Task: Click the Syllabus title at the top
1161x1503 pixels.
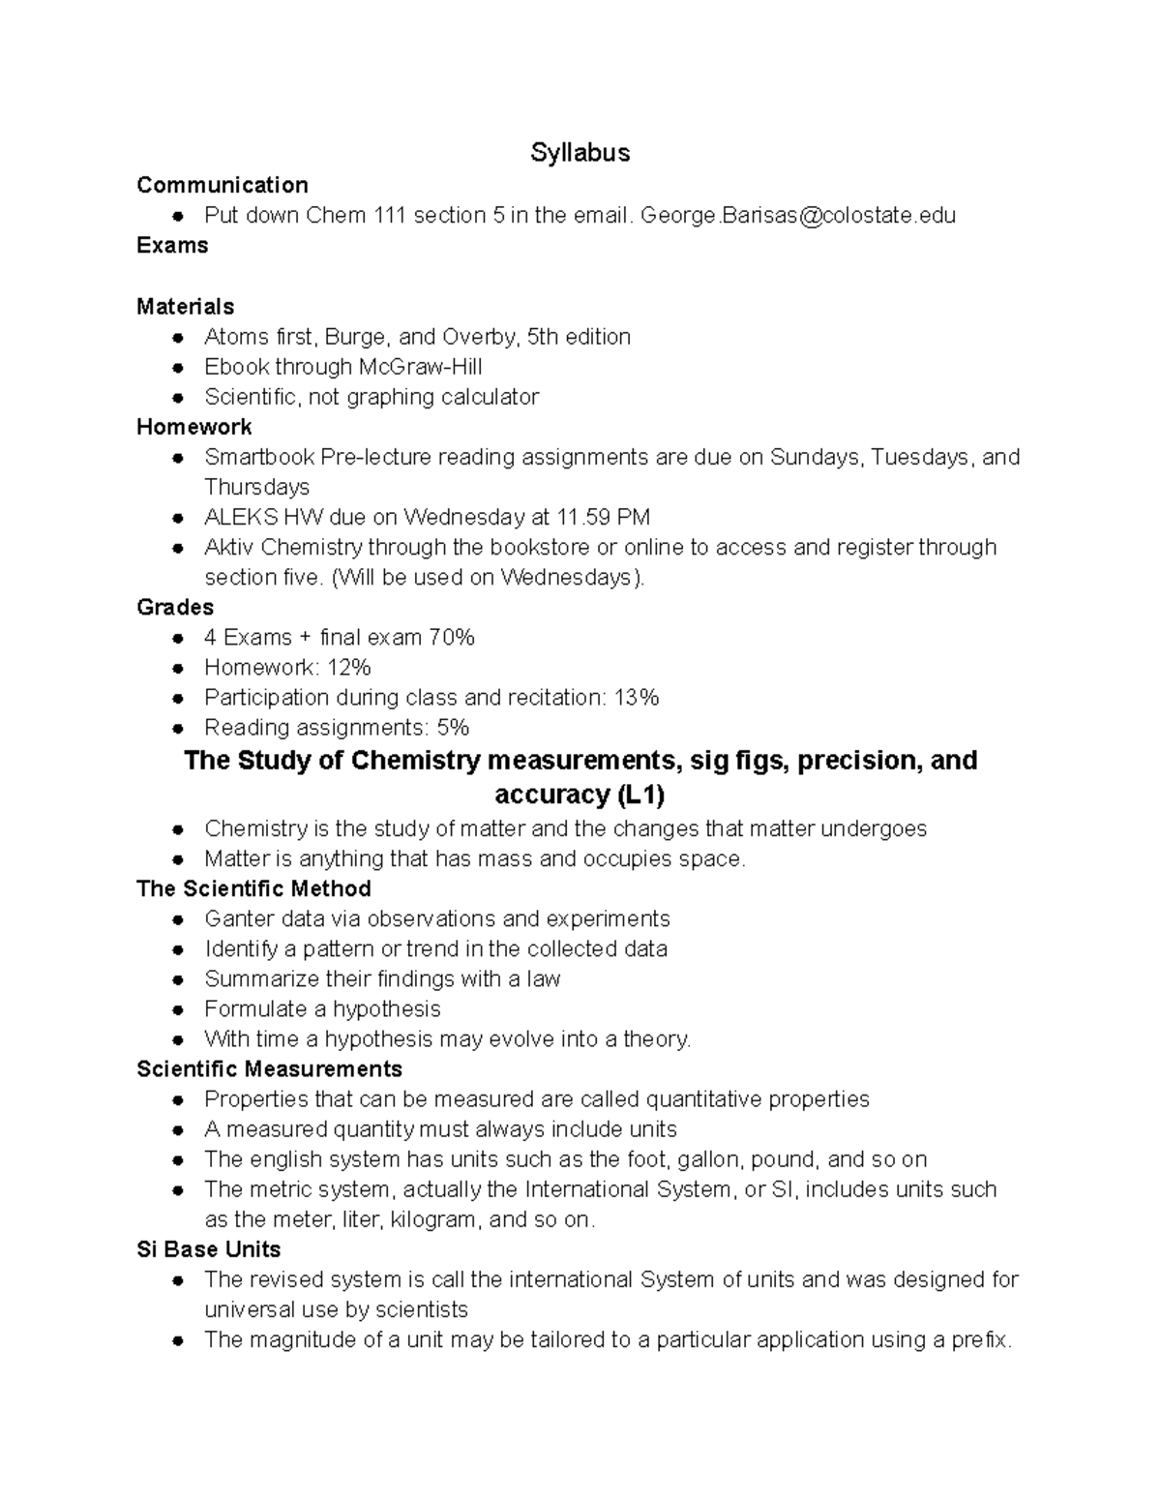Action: (580, 153)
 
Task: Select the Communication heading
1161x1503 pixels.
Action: (223, 185)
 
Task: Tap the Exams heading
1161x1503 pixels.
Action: (172, 245)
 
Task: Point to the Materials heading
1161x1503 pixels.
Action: (185, 306)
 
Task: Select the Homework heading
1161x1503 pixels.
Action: (193, 427)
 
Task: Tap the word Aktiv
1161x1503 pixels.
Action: (229, 547)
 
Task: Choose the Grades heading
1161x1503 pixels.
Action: (175, 607)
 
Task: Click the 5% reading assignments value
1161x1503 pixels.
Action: (452, 727)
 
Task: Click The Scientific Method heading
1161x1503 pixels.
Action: (253, 888)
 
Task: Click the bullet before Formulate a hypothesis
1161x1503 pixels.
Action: (177, 1009)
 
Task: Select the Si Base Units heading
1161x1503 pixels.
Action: (208, 1248)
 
